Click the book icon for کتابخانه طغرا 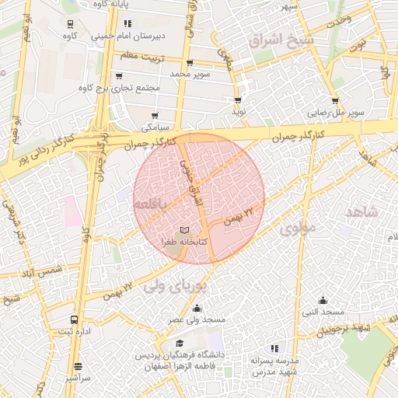pyautogui.click(x=184, y=230)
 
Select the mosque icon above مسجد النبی pyautogui.click(x=323, y=301)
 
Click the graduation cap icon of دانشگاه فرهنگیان pyautogui.click(x=180, y=344)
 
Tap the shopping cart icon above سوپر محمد pyautogui.click(x=190, y=62)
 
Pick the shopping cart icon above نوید pyautogui.click(x=238, y=100)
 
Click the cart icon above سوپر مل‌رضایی pyautogui.click(x=335, y=100)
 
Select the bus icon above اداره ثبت pyautogui.click(x=75, y=319)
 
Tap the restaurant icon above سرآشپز pyautogui.click(x=78, y=366)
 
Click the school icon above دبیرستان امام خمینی pyautogui.click(x=127, y=23)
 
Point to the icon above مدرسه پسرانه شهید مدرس pyautogui.click(x=273, y=348)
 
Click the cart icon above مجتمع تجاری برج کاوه pyautogui.click(x=118, y=76)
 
